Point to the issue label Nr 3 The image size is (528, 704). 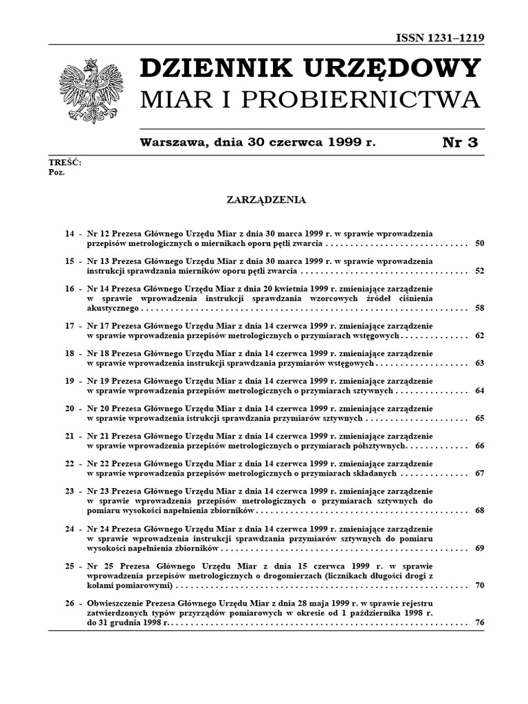click(x=460, y=142)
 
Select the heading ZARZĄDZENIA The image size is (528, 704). click(x=266, y=200)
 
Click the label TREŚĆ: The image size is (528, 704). click(x=65, y=162)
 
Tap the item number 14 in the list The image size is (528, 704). click(x=69, y=234)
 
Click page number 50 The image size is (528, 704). click(x=480, y=243)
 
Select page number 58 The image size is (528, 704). click(x=480, y=308)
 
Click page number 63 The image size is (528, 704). click(x=480, y=362)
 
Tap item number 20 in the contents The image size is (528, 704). click(x=69, y=408)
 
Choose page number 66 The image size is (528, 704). click(x=480, y=445)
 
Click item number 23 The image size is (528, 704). click(x=69, y=491)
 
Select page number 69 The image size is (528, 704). click(x=480, y=548)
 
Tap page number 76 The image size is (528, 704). click(x=480, y=622)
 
